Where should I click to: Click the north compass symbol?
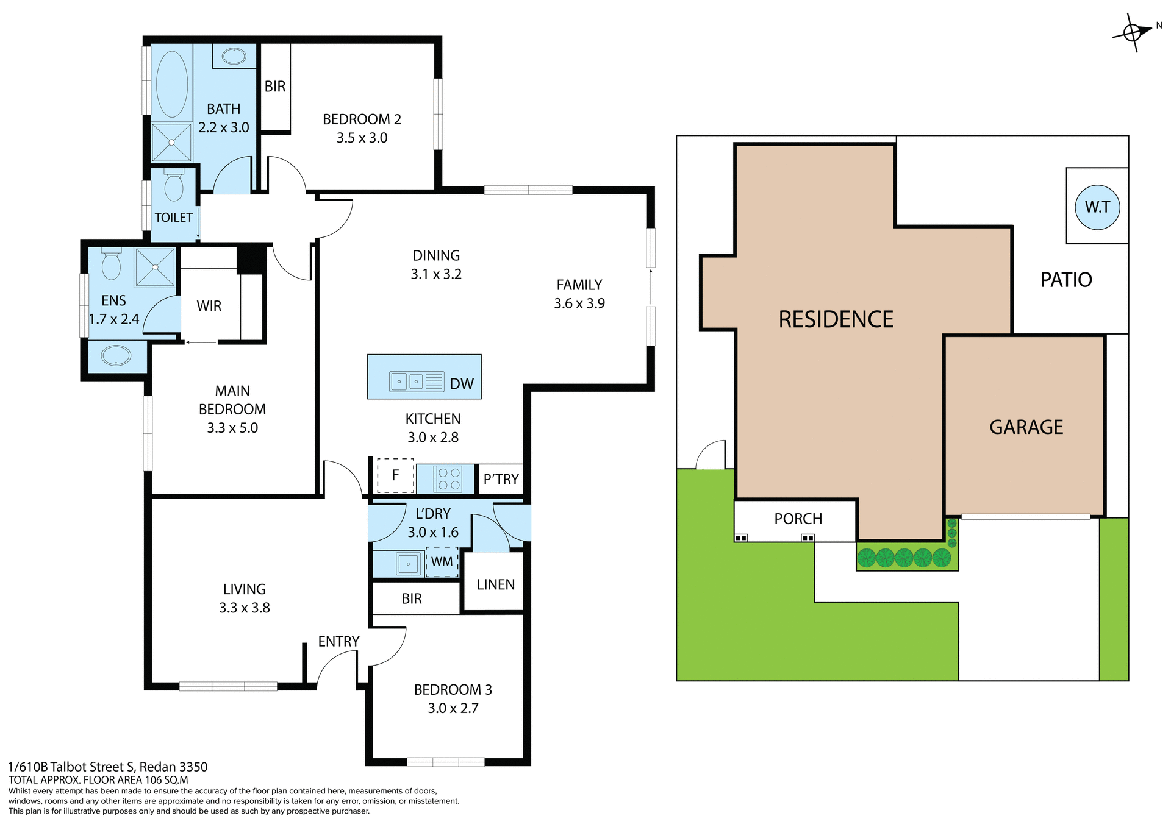point(1133,32)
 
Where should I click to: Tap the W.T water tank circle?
point(1097,207)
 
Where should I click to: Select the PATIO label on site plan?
point(1065,280)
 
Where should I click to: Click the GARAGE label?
point(1026,427)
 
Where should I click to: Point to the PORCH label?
point(798,519)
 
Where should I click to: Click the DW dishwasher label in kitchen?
point(461,384)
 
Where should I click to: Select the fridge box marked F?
point(395,475)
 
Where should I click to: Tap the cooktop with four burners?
point(448,479)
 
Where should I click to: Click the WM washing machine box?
point(442,561)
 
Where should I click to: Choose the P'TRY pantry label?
point(501,480)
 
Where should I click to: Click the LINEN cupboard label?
point(495,584)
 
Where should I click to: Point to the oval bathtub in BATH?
point(172,84)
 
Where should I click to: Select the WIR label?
point(209,306)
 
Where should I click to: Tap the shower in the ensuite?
point(155,267)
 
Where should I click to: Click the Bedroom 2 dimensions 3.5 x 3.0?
point(362,138)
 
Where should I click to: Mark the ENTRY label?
point(338,641)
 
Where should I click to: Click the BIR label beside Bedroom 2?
point(274,87)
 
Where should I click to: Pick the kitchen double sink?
point(407,382)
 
